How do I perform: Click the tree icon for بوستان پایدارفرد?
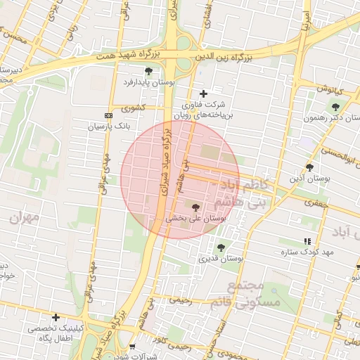pos(148,71)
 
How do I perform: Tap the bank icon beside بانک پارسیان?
pos(108,115)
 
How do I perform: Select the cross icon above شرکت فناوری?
pos(203,94)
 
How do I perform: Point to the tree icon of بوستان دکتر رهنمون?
pos(335,107)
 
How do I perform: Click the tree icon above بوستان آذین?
pos(309,167)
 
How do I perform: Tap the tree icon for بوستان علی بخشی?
pos(195,207)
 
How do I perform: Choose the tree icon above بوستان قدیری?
pos(221,247)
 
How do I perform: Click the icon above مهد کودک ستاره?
pos(307,240)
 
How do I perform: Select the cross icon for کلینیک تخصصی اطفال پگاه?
pos(56,318)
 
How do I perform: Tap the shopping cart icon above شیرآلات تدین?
pos(132,347)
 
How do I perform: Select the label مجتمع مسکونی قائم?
pos(245,294)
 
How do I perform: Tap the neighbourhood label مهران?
pos(25,218)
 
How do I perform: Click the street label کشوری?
pos(132,108)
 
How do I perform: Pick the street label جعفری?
pos(312,202)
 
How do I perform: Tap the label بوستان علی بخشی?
pos(196,219)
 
